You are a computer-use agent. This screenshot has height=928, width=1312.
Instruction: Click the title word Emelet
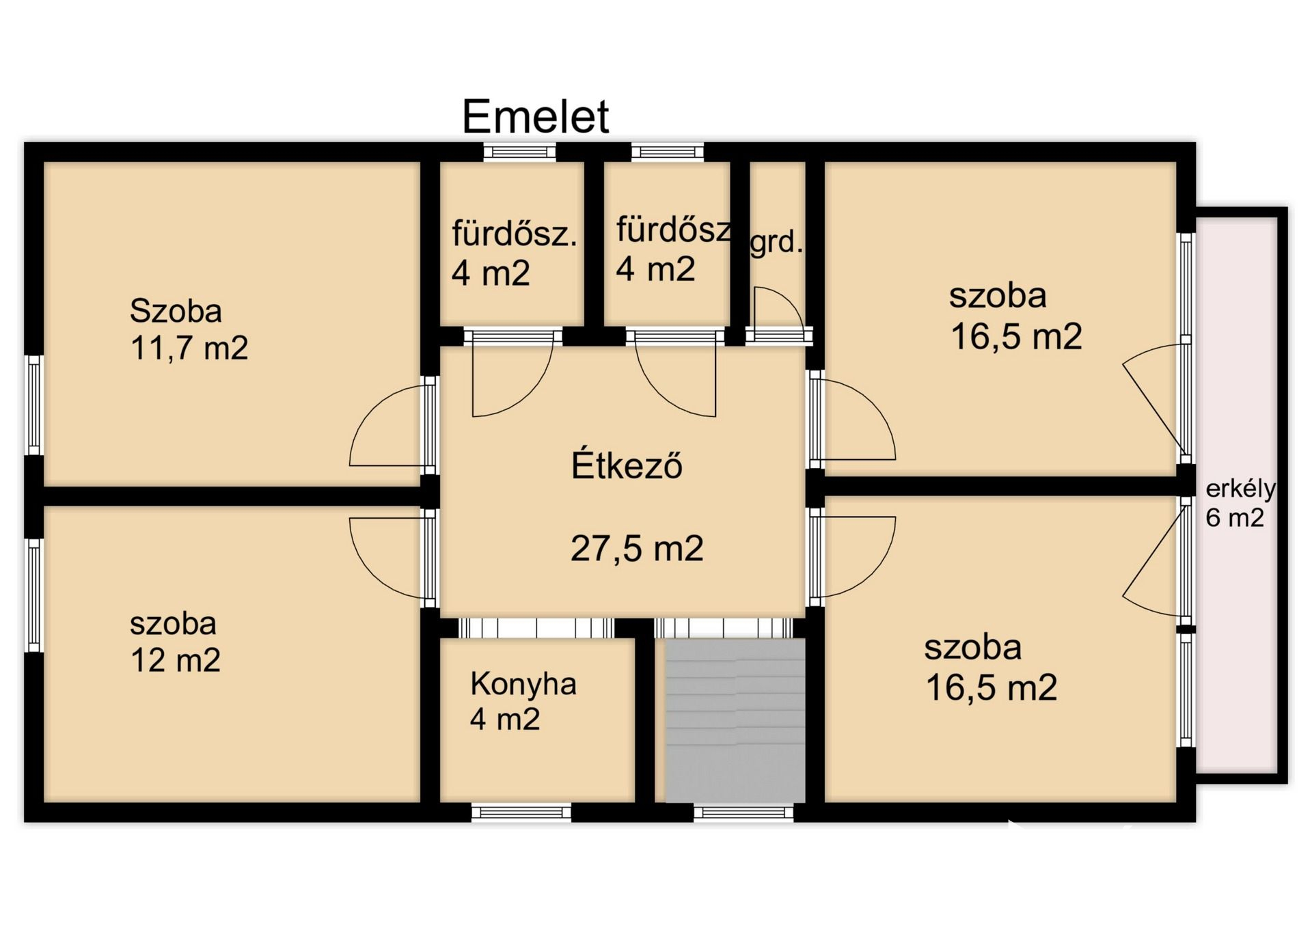pyautogui.click(x=535, y=116)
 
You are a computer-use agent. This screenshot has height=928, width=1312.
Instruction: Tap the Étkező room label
pyautogui.click(x=627, y=465)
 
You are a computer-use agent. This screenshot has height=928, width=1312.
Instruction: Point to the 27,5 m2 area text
pyautogui.click(x=637, y=549)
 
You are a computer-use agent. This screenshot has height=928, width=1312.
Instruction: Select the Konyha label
pyautogui.click(x=523, y=683)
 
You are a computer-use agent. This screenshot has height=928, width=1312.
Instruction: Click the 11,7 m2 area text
pyautogui.click(x=189, y=348)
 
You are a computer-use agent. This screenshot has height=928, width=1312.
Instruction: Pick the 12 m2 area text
pyautogui.click(x=176, y=660)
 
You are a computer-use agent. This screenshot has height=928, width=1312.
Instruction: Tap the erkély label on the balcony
pyautogui.click(x=1240, y=489)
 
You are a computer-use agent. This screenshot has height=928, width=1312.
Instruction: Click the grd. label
pyautogui.click(x=776, y=242)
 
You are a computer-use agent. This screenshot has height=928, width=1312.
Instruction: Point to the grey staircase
pyautogui.click(x=735, y=720)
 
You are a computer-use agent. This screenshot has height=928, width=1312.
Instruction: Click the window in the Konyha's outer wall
pyautogui.click(x=521, y=813)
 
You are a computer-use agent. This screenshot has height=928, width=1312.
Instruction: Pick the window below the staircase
pyautogui.click(x=743, y=813)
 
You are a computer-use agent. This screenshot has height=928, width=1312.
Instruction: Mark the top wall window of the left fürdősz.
pyautogui.click(x=519, y=152)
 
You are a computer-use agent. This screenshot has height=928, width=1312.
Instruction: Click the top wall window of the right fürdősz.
pyautogui.click(x=667, y=152)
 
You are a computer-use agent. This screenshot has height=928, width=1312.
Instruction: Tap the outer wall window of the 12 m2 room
pyautogui.click(x=34, y=595)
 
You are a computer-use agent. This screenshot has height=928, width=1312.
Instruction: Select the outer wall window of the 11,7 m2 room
pyautogui.click(x=34, y=405)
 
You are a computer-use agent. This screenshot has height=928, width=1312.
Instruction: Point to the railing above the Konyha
pyautogui.click(x=536, y=628)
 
